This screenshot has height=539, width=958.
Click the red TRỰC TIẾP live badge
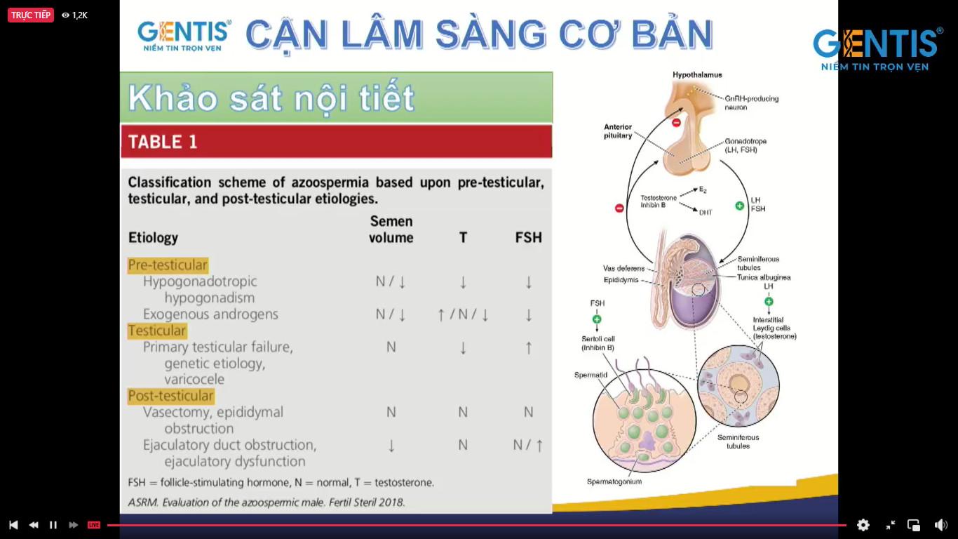tap(31, 15)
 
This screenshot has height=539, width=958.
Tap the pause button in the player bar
tap(53, 525)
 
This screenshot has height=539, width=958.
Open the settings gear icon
tap(863, 525)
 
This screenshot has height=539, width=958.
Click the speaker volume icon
tap(941, 525)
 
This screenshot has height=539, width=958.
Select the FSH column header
tap(528, 238)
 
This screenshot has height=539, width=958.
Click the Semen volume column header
tap(391, 229)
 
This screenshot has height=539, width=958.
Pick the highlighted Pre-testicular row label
tap(168, 265)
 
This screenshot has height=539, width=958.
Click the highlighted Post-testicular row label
tap(170, 396)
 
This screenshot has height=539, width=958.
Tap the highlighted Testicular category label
tap(157, 331)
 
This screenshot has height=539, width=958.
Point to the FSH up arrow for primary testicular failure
tap(529, 347)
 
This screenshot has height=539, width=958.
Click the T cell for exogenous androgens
tap(463, 314)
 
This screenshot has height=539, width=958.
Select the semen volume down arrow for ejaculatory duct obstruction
tap(391, 446)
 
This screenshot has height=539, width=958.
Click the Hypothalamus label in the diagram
tap(697, 75)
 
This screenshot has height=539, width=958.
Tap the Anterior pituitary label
tap(618, 131)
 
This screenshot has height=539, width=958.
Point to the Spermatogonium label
tap(614, 481)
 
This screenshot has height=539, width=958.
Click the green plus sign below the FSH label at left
tap(597, 319)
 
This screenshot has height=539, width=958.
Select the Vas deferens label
tap(623, 268)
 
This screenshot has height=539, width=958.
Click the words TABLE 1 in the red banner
tap(163, 142)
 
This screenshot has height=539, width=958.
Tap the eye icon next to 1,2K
tap(65, 15)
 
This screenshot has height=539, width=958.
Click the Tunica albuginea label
tap(764, 277)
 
